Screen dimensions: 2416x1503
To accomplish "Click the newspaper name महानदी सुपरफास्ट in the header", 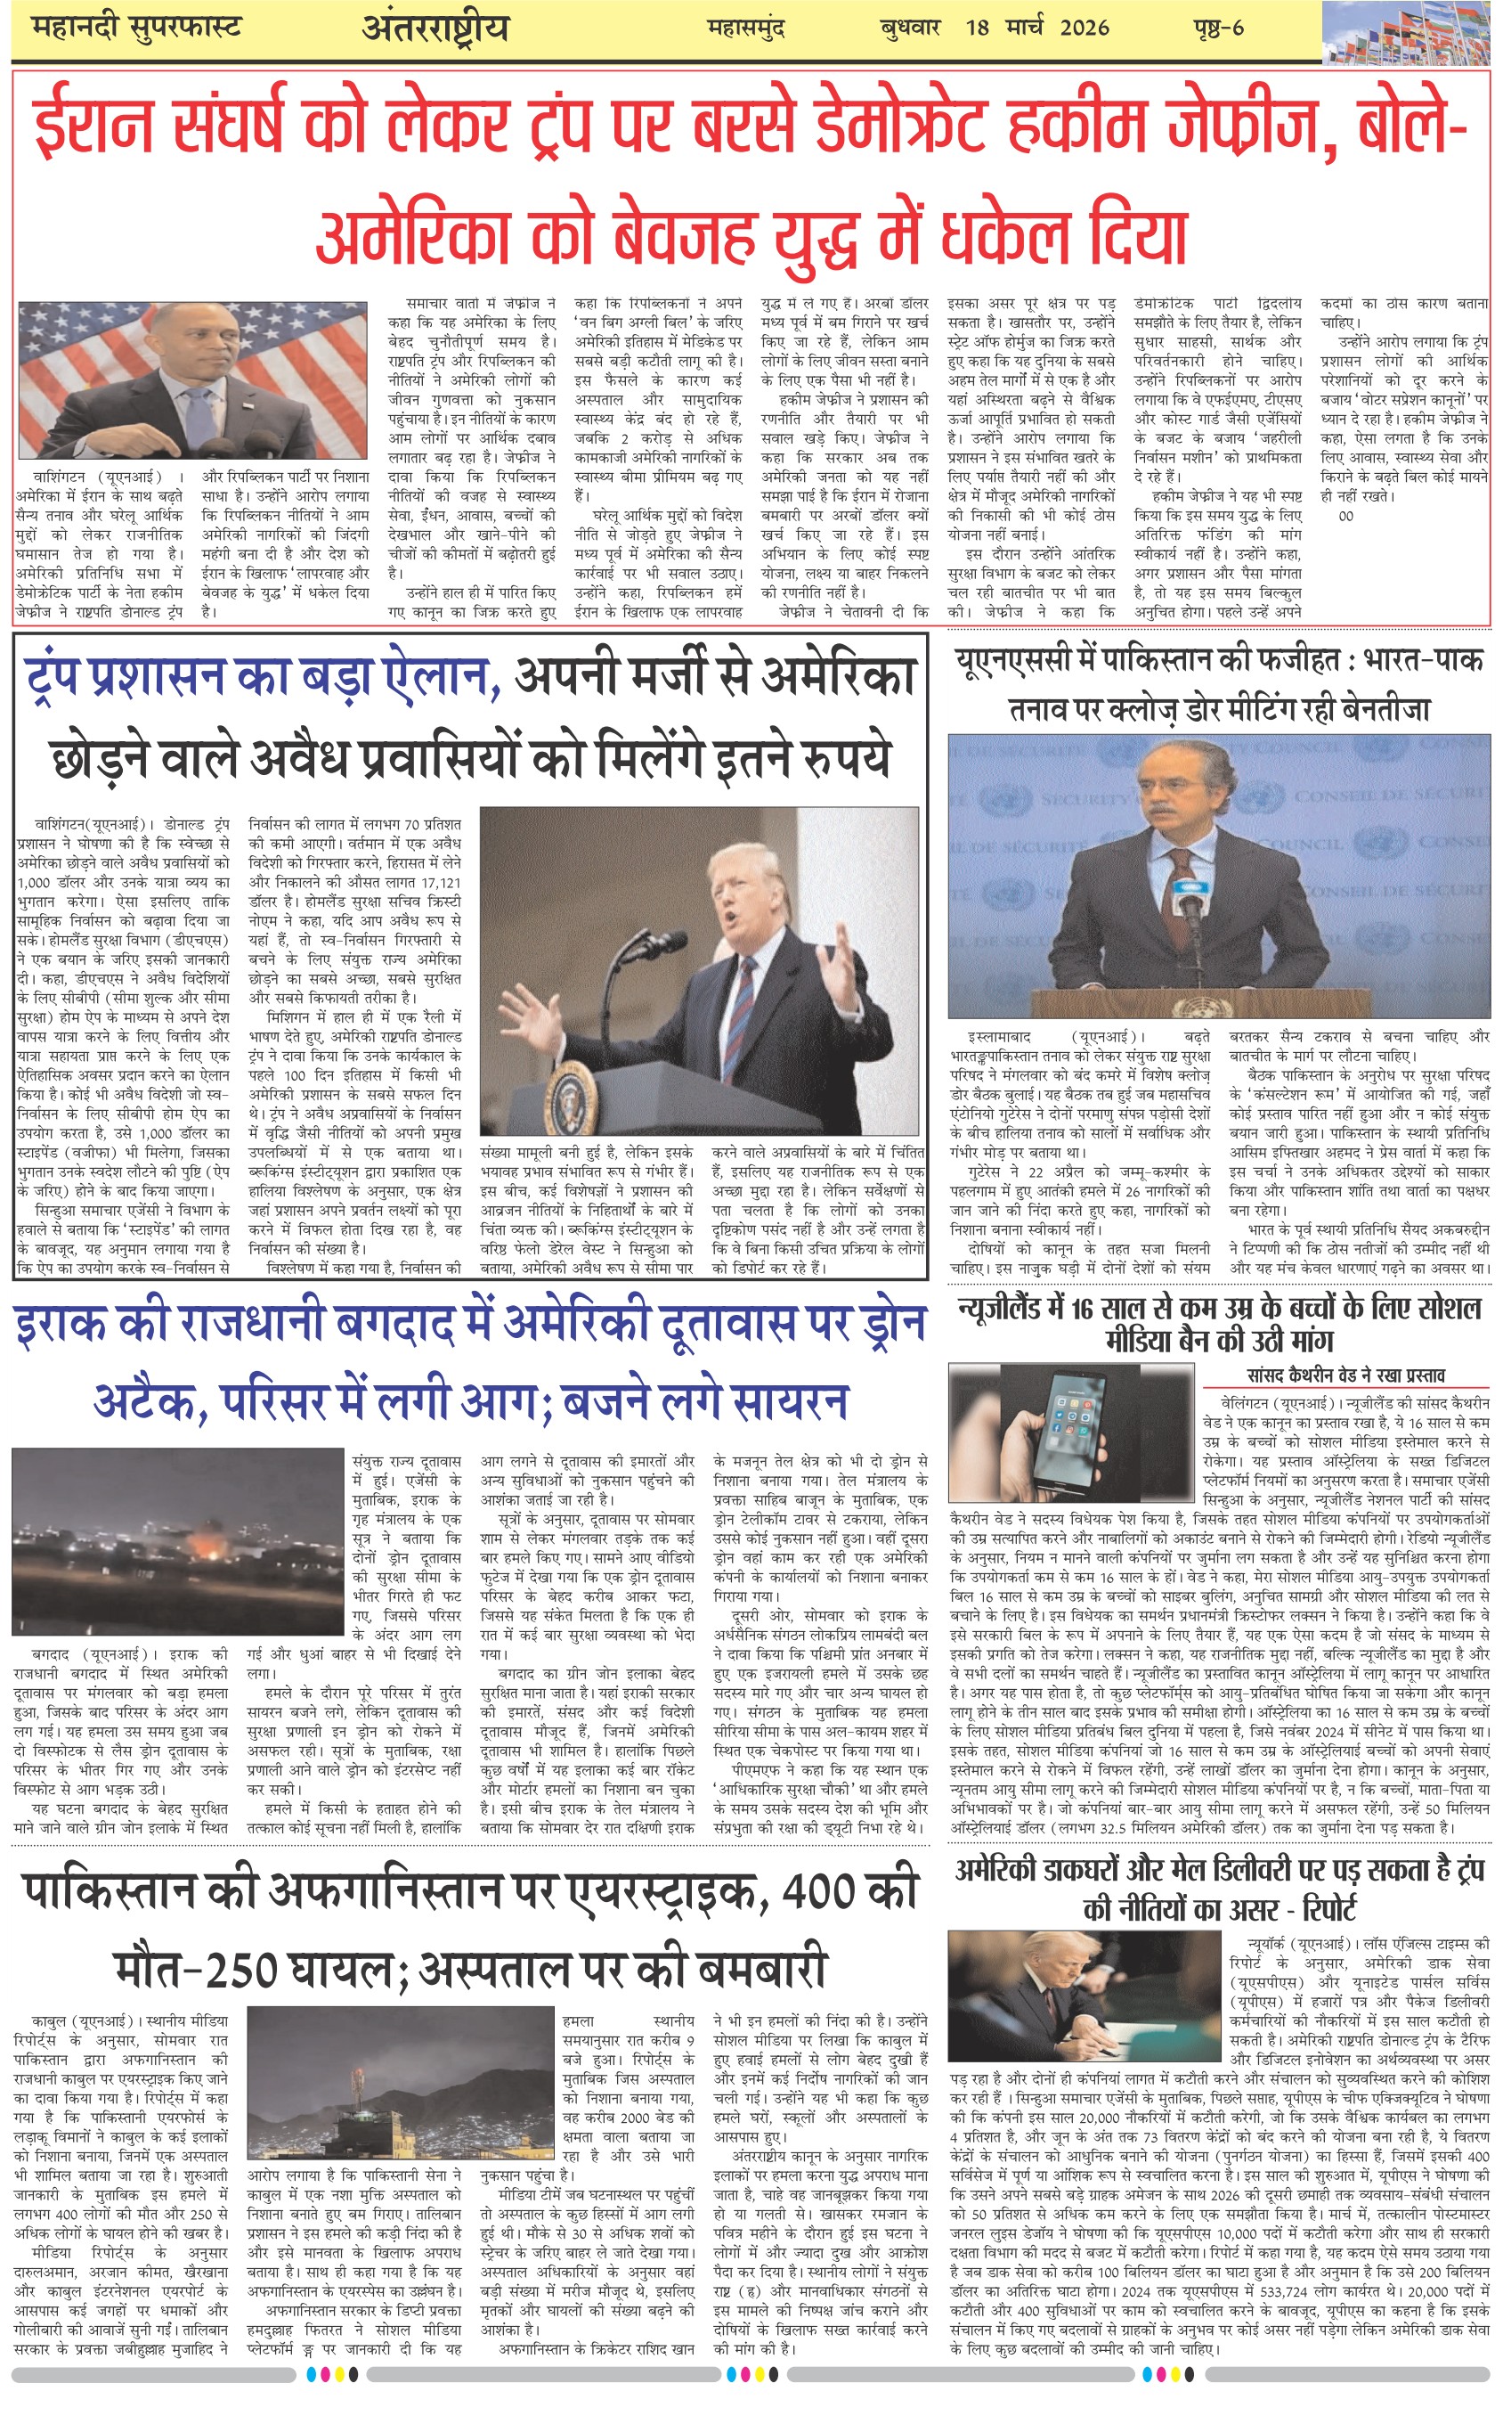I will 136,28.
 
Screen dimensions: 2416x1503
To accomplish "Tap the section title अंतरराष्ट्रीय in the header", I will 435,29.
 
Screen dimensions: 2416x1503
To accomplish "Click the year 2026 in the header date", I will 1084,28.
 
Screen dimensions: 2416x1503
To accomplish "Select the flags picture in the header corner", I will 1411,32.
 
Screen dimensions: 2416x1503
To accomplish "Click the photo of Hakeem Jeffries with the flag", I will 193,380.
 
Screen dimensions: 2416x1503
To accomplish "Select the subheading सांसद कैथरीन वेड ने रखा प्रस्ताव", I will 1346,1375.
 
